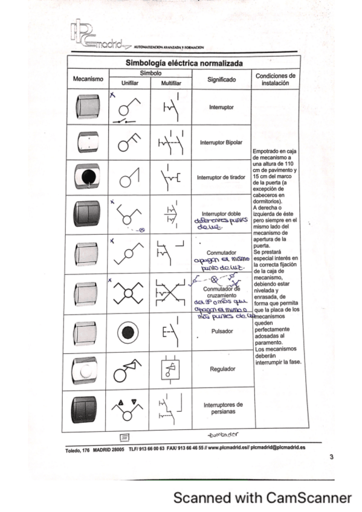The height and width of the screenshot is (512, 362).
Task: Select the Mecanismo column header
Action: (x=88, y=79)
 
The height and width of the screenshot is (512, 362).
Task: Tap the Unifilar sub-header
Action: (x=130, y=84)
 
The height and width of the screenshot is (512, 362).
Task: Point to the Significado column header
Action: (x=221, y=79)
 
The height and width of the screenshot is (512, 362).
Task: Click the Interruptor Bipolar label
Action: (x=221, y=143)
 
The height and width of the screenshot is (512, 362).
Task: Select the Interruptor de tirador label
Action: (x=221, y=178)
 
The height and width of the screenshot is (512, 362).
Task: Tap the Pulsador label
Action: (x=221, y=331)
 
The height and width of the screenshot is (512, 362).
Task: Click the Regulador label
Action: (x=221, y=368)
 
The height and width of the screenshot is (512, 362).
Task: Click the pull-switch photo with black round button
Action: (x=88, y=177)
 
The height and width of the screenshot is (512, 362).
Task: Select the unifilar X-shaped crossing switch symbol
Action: (x=129, y=294)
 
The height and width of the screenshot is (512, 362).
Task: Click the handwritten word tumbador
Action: (x=222, y=434)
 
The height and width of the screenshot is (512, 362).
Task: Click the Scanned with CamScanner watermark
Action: (x=262, y=498)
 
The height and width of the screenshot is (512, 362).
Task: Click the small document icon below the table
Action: (x=124, y=436)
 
